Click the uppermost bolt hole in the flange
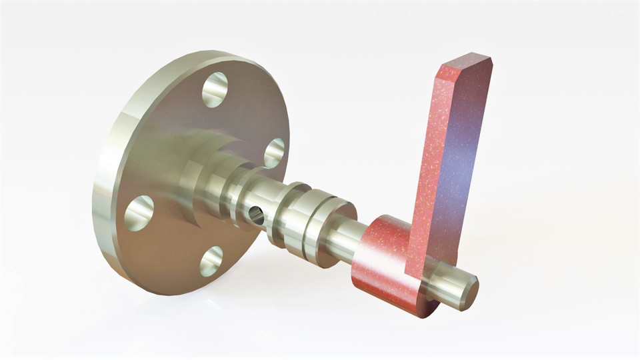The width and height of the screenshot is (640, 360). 215,90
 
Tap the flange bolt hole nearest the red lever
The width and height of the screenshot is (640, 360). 273,153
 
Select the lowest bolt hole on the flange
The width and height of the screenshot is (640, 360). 211,261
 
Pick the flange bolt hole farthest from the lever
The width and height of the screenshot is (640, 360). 139,213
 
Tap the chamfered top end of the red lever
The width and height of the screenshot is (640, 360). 467,63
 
